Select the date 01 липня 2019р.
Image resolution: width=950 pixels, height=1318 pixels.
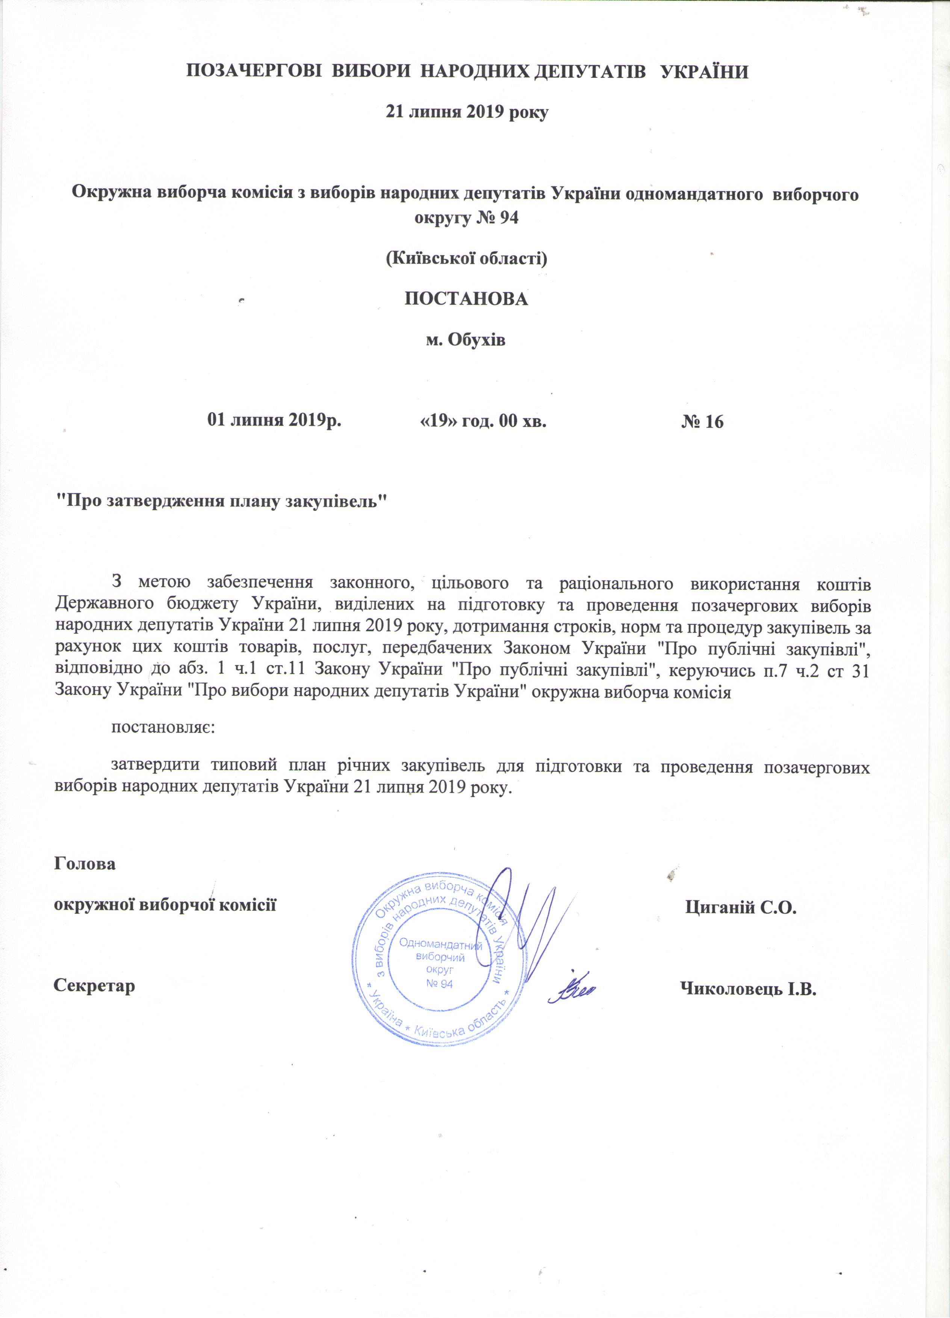[x=274, y=420]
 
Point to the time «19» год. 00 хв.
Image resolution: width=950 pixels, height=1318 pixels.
[x=483, y=420]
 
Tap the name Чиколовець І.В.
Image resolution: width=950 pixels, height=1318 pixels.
[x=748, y=988]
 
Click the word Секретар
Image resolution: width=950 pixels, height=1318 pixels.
[x=94, y=986]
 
